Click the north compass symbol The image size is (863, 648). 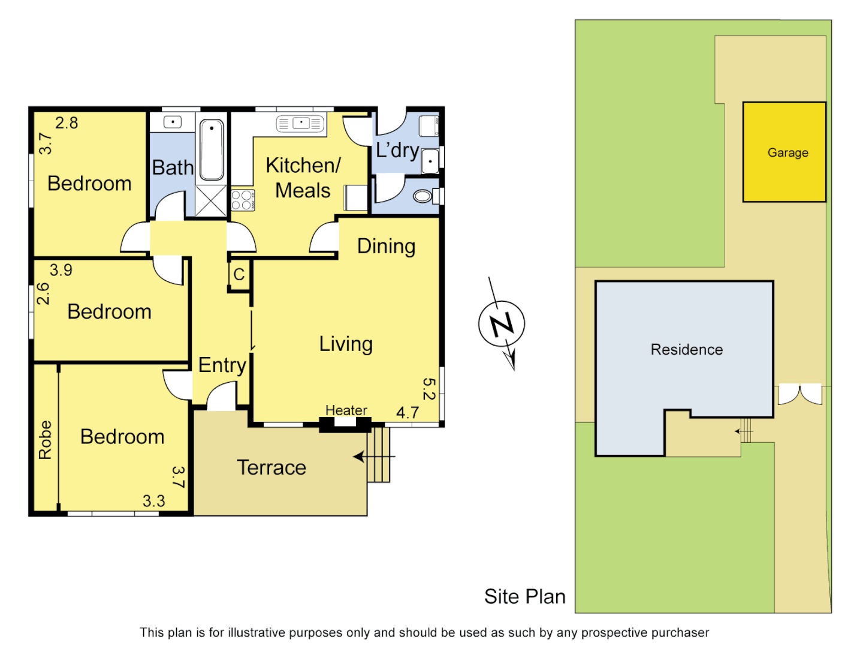[x=502, y=325]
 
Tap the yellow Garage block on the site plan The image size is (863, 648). [x=784, y=152]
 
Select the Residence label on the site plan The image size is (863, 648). [x=686, y=349]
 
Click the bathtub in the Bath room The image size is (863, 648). [x=212, y=149]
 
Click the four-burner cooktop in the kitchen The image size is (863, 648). [x=242, y=200]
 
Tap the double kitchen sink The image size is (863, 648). [x=300, y=124]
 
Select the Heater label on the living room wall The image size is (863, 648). [x=346, y=410]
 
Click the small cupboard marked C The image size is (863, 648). [x=239, y=275]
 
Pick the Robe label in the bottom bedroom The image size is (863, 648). [x=46, y=440]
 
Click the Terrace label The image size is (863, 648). [x=271, y=467]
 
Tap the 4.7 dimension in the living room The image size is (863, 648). [x=408, y=413]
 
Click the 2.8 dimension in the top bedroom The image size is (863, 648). [x=67, y=123]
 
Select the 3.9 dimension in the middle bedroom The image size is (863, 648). [x=61, y=270]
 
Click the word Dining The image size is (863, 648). [x=386, y=246]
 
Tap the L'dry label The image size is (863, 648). [x=397, y=150]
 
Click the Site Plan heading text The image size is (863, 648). [x=524, y=596]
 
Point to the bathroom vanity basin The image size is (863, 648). [x=173, y=122]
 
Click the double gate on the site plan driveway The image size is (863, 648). [x=799, y=394]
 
